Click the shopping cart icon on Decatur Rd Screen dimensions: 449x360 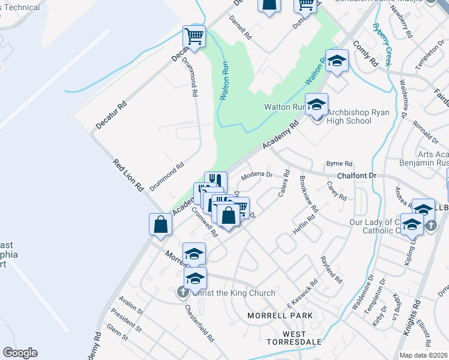(x=194, y=37)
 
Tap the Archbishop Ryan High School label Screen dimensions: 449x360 (x=350, y=116)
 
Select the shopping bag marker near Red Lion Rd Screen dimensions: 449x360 (x=161, y=225)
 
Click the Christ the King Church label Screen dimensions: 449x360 (x=234, y=293)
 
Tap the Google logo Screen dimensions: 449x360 (x=20, y=352)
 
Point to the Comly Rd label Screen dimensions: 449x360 (x=365, y=53)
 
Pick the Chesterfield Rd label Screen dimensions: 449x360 (x=200, y=324)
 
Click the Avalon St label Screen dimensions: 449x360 (x=131, y=307)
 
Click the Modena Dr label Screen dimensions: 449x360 (x=257, y=176)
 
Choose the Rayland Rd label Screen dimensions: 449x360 (x=331, y=269)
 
